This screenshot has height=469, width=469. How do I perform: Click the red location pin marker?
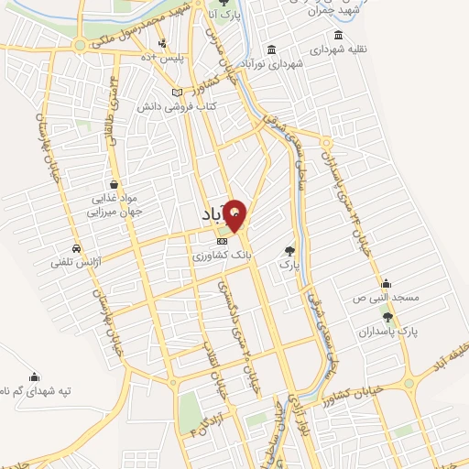point(235,214)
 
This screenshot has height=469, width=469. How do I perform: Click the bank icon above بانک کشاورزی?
point(220,239)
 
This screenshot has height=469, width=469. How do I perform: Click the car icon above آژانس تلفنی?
point(76,248)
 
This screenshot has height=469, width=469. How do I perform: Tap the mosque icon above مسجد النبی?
point(387,283)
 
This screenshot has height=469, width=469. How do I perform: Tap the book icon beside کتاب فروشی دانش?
point(189,93)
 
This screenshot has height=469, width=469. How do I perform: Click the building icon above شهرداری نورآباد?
point(271,49)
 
